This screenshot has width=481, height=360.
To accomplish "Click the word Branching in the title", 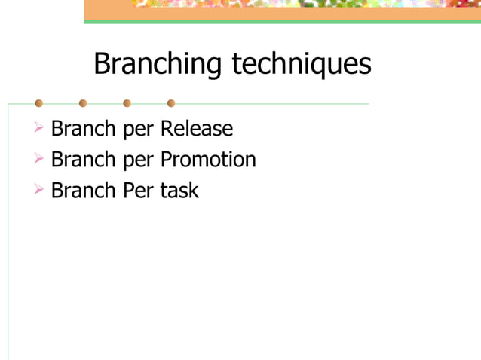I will [158, 64].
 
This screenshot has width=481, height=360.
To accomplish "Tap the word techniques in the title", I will [301, 64].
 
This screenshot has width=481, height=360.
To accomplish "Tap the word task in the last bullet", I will [179, 191].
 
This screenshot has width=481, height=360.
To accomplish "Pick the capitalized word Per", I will [139, 191].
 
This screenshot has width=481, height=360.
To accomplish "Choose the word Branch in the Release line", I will [82, 129].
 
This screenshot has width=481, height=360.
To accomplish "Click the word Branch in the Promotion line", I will [82, 160].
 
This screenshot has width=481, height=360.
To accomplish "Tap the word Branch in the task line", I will [82, 191].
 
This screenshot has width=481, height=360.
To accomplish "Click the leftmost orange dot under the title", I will [38, 103].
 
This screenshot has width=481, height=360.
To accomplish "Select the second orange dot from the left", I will [83, 103].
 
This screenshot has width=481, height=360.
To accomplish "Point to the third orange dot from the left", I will [127, 103].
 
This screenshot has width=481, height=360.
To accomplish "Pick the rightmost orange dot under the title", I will [171, 103].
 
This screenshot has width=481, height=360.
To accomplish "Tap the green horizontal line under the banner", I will [282, 21].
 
